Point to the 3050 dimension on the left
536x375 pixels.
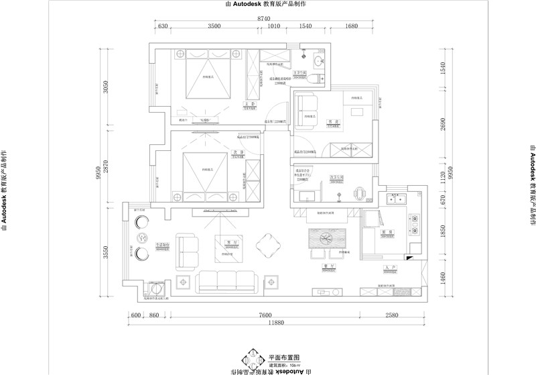[106, 88]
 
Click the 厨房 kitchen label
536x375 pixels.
[389, 231]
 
